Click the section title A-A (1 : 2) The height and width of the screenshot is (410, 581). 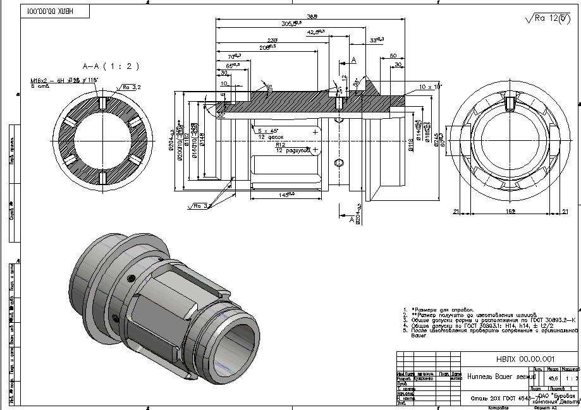coord(111,66)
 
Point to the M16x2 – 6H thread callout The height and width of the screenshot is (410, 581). coord(54,81)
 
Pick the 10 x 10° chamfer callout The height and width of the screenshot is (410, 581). coord(430,85)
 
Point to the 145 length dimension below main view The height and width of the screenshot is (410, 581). coord(286,194)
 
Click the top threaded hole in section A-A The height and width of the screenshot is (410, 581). coord(101,102)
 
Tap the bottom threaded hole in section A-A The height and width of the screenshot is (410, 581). coord(101,178)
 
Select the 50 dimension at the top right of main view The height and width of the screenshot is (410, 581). coord(393,56)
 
